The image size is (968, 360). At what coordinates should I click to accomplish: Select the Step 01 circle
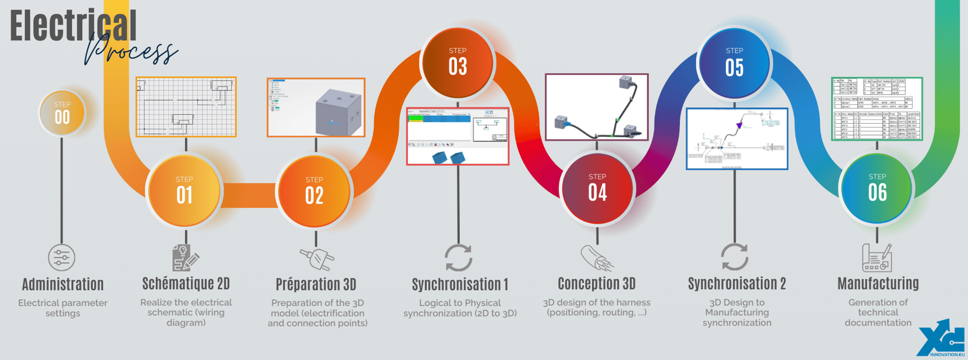click(x=184, y=191)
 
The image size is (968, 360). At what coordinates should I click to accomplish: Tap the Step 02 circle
click(x=314, y=191)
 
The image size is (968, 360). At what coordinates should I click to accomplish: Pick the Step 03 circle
click(x=458, y=62)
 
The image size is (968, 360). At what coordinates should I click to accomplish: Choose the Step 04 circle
click(x=597, y=188)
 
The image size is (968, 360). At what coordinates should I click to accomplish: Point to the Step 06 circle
click(x=877, y=188)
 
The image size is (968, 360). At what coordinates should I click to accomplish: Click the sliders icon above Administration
click(x=62, y=258)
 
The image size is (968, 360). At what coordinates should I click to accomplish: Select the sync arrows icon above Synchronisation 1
click(x=458, y=258)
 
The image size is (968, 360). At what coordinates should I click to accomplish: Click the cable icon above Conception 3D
click(x=596, y=258)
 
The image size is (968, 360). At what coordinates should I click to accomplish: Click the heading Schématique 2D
click(x=186, y=283)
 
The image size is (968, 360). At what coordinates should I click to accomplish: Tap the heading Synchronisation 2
click(x=737, y=283)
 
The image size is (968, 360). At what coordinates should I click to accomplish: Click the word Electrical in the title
click(x=73, y=26)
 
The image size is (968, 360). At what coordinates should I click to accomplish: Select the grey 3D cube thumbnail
click(x=316, y=107)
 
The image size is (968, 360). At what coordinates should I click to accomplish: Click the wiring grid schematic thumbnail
click(x=186, y=107)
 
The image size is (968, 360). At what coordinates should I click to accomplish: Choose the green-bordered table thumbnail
click(x=877, y=109)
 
